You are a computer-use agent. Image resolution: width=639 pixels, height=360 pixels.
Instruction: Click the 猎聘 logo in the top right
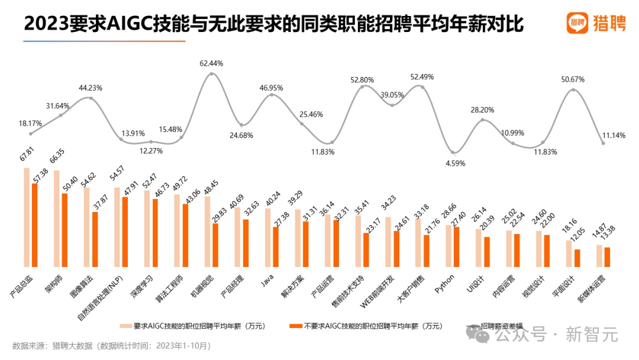click(596, 23)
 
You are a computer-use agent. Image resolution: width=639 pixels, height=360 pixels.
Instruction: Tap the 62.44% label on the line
click(211, 63)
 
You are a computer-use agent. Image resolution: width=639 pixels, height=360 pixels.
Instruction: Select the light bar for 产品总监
click(27, 217)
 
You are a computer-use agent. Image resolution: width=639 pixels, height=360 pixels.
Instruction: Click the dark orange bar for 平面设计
click(577, 258)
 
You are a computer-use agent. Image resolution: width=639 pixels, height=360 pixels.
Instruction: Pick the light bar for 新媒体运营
click(599, 255)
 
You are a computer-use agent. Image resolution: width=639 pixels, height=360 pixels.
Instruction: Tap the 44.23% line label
click(91, 88)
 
